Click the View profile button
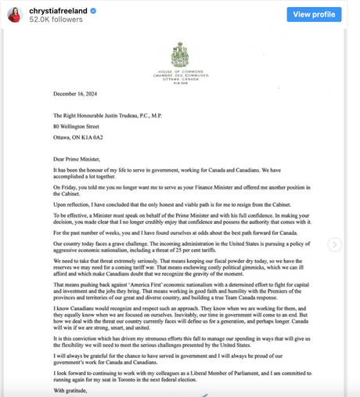click(x=313, y=14)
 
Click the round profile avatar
click(x=14, y=15)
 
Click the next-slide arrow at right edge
click(x=335, y=244)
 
